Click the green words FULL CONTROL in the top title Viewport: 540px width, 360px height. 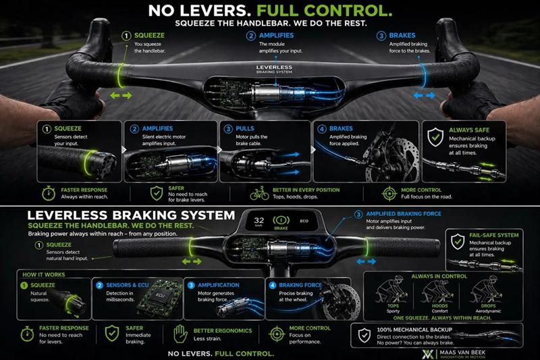tap(334, 11)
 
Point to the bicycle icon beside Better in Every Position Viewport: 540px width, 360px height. tap(260, 195)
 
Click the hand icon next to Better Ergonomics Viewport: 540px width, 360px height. tap(180, 333)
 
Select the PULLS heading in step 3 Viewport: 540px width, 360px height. tap(250, 128)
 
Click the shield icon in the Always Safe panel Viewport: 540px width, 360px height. tap(435, 135)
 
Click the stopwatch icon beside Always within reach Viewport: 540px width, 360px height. tap(48, 195)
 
